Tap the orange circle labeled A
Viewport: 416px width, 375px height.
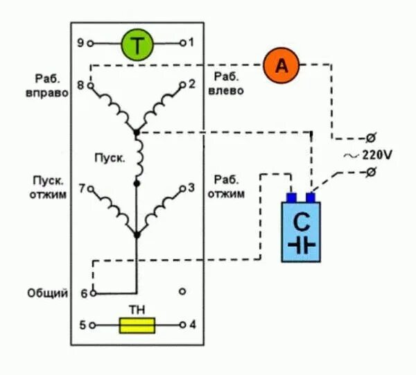point(281,66)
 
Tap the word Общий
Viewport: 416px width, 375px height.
point(49,293)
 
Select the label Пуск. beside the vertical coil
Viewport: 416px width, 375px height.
point(110,157)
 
